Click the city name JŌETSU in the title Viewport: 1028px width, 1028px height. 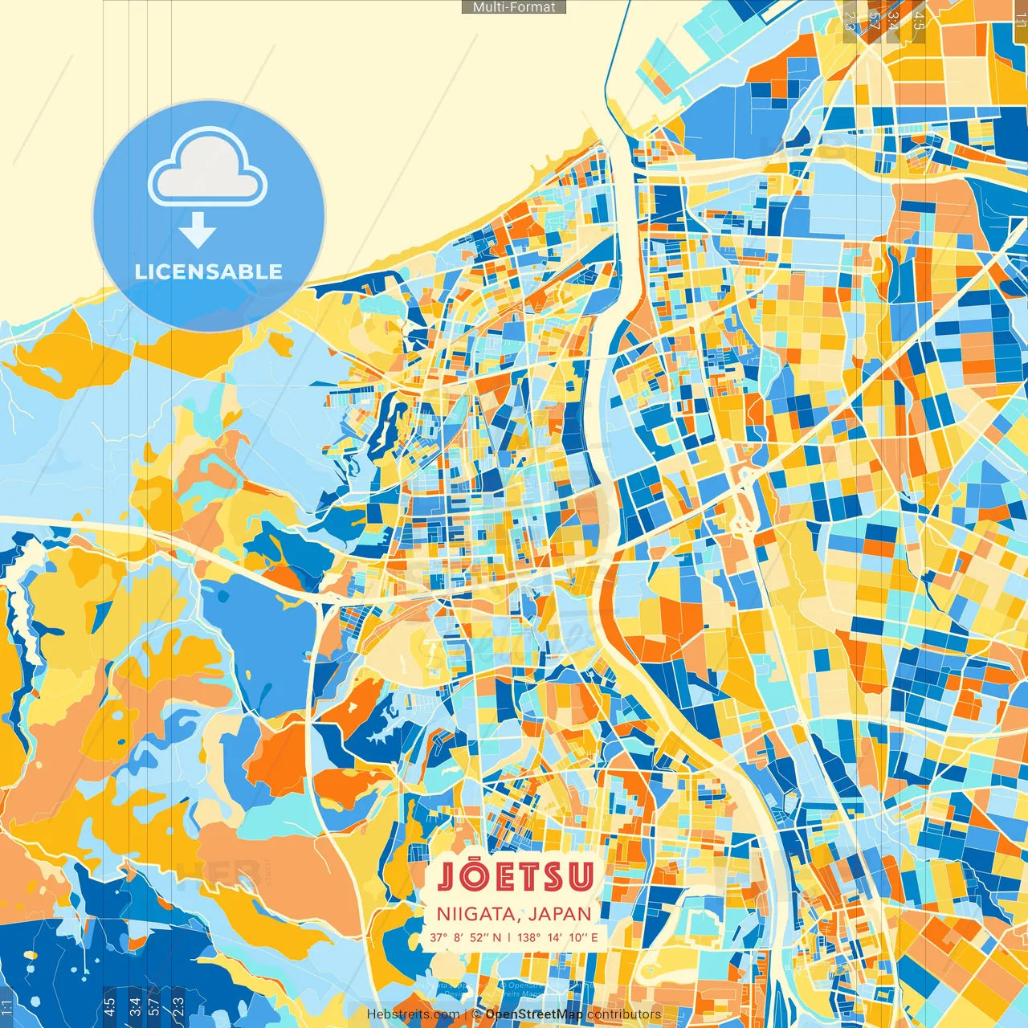[515, 876]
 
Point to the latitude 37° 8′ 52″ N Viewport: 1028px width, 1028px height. [465, 937]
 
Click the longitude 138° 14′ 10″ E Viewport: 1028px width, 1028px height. [557, 937]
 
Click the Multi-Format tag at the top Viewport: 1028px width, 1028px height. [514, 7]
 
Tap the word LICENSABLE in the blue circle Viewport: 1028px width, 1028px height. [209, 271]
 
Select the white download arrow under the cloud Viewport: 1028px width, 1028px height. [198, 231]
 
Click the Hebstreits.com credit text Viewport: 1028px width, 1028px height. [413, 1014]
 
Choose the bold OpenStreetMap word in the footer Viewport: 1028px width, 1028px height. [534, 1014]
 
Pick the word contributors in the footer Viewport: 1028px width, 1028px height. [624, 1014]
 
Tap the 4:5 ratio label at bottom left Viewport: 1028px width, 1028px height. [109, 1005]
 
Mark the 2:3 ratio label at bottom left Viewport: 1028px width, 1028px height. [178, 1005]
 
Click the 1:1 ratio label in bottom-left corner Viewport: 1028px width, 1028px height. [7, 1006]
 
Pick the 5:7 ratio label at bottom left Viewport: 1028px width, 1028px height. [154, 1005]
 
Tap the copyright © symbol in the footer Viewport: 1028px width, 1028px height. [476, 1014]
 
